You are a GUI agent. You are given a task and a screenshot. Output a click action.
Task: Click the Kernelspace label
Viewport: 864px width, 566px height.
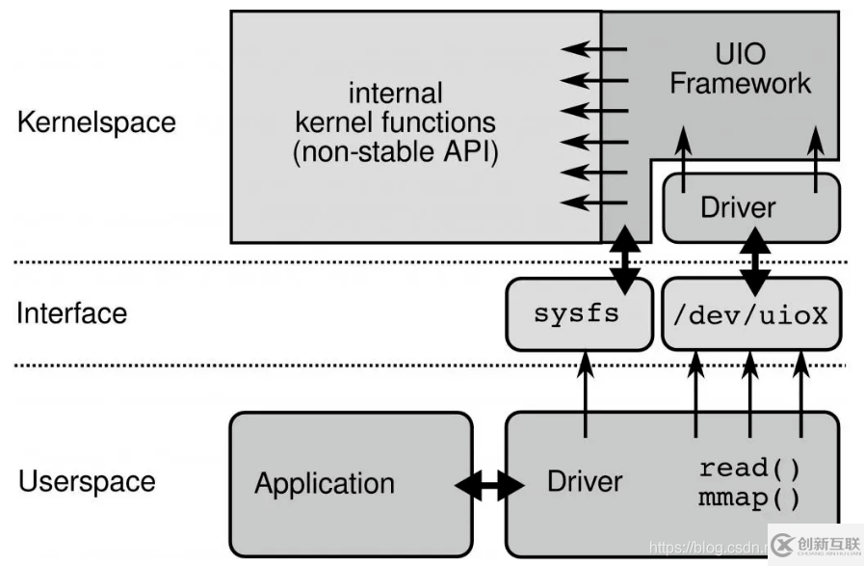point(96,123)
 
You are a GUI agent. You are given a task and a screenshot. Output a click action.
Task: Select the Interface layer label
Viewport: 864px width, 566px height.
point(71,313)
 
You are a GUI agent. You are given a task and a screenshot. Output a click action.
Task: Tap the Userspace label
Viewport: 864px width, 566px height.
point(86,481)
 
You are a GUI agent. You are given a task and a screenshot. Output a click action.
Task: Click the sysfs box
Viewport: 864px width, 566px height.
point(578,314)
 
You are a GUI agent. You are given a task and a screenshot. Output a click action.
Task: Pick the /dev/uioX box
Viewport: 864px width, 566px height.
point(752,314)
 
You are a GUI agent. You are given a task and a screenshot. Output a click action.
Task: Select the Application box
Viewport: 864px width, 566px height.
point(325,483)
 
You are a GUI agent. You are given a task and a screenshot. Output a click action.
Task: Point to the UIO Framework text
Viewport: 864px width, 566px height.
point(740,67)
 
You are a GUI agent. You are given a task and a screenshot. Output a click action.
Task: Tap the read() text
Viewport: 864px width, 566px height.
point(749,469)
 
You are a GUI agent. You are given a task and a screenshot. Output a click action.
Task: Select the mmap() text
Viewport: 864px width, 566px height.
point(749,499)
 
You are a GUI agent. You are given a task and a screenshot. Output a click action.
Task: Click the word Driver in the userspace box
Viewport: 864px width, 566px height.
point(585,481)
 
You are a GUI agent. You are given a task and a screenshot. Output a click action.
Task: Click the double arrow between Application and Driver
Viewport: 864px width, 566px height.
point(490,486)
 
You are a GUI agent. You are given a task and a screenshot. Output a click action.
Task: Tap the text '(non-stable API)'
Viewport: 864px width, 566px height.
point(395,153)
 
